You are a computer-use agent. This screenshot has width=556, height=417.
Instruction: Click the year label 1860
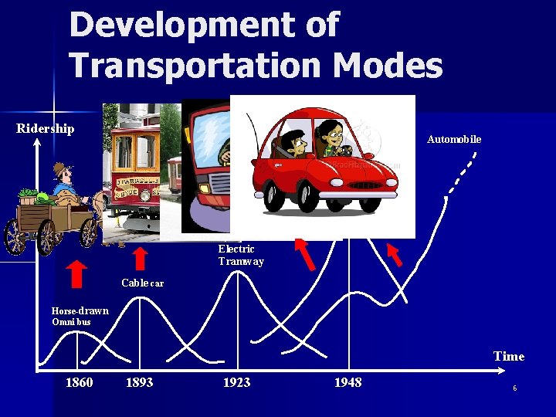[79, 383]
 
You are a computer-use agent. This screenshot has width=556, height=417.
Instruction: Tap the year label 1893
[139, 383]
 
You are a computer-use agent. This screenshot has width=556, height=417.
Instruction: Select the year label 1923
[236, 383]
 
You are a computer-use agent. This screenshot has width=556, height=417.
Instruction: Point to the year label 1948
[347, 383]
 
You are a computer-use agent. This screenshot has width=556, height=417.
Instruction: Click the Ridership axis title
[46, 128]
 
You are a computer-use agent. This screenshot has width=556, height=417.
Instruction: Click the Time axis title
[509, 356]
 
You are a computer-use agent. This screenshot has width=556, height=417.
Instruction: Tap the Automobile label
[454, 139]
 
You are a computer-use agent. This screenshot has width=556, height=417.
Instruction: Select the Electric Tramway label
[241, 255]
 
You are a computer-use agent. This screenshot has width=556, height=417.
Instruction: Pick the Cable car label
[143, 283]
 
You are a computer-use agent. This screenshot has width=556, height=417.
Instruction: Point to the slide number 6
[515, 388]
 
